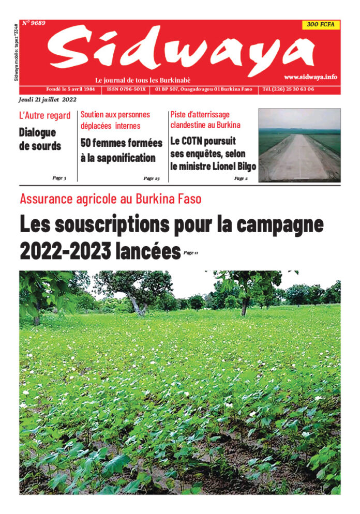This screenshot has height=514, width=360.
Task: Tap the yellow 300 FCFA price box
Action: tap(321, 25)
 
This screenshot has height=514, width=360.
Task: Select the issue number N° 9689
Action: tap(34, 23)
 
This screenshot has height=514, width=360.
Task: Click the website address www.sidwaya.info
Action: tap(310, 77)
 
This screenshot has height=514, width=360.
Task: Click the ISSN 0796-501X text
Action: tap(127, 89)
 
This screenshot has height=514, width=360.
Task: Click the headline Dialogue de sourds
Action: tap(40, 139)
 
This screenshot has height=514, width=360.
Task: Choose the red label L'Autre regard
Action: tap(44, 116)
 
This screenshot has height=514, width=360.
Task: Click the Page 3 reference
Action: tap(59, 178)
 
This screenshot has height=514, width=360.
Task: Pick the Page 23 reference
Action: tap(151, 178)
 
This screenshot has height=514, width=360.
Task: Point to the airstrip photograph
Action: tap(299, 145)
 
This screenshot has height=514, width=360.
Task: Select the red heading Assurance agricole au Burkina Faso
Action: tap(110, 199)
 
